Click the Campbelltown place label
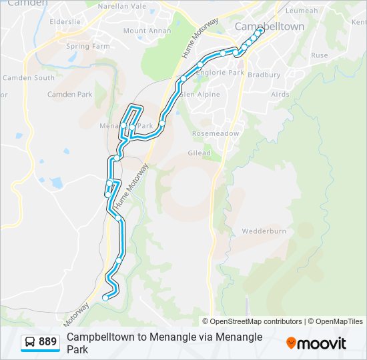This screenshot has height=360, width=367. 270,27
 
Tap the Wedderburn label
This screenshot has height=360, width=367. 264,231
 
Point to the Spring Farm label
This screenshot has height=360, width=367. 87,46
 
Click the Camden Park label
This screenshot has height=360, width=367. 69,95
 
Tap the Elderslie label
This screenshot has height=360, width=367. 65,21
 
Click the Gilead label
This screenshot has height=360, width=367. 199,153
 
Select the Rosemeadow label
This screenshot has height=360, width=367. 216,133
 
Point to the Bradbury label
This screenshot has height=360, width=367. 264,75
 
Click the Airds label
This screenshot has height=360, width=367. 280,95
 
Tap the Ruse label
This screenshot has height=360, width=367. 319,55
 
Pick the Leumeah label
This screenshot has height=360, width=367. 302,11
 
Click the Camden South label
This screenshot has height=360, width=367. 29,78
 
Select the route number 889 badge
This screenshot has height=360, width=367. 47,342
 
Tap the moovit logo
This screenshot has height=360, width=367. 316,343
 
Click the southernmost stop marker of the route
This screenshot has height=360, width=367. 105,298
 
